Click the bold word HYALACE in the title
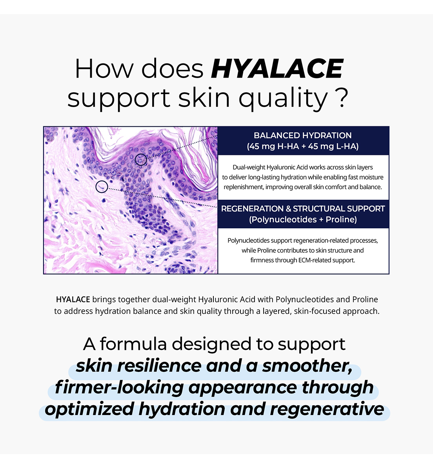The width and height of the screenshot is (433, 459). click(277, 69)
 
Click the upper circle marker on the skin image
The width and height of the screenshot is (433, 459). click(141, 160)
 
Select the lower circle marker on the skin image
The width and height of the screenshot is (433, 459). click(102, 187)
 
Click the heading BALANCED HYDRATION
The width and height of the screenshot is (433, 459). click(302, 136)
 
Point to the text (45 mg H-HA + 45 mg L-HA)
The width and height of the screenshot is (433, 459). click(302, 147)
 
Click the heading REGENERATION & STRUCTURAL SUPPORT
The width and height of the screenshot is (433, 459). click(303, 209)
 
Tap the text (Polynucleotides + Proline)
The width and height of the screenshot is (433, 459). click(303, 220)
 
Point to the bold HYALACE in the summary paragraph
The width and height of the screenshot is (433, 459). click(73, 300)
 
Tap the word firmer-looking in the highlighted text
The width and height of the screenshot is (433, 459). click(119, 388)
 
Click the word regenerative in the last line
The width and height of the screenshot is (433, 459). click(327, 409)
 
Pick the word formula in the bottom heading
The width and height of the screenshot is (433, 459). click(133, 344)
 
